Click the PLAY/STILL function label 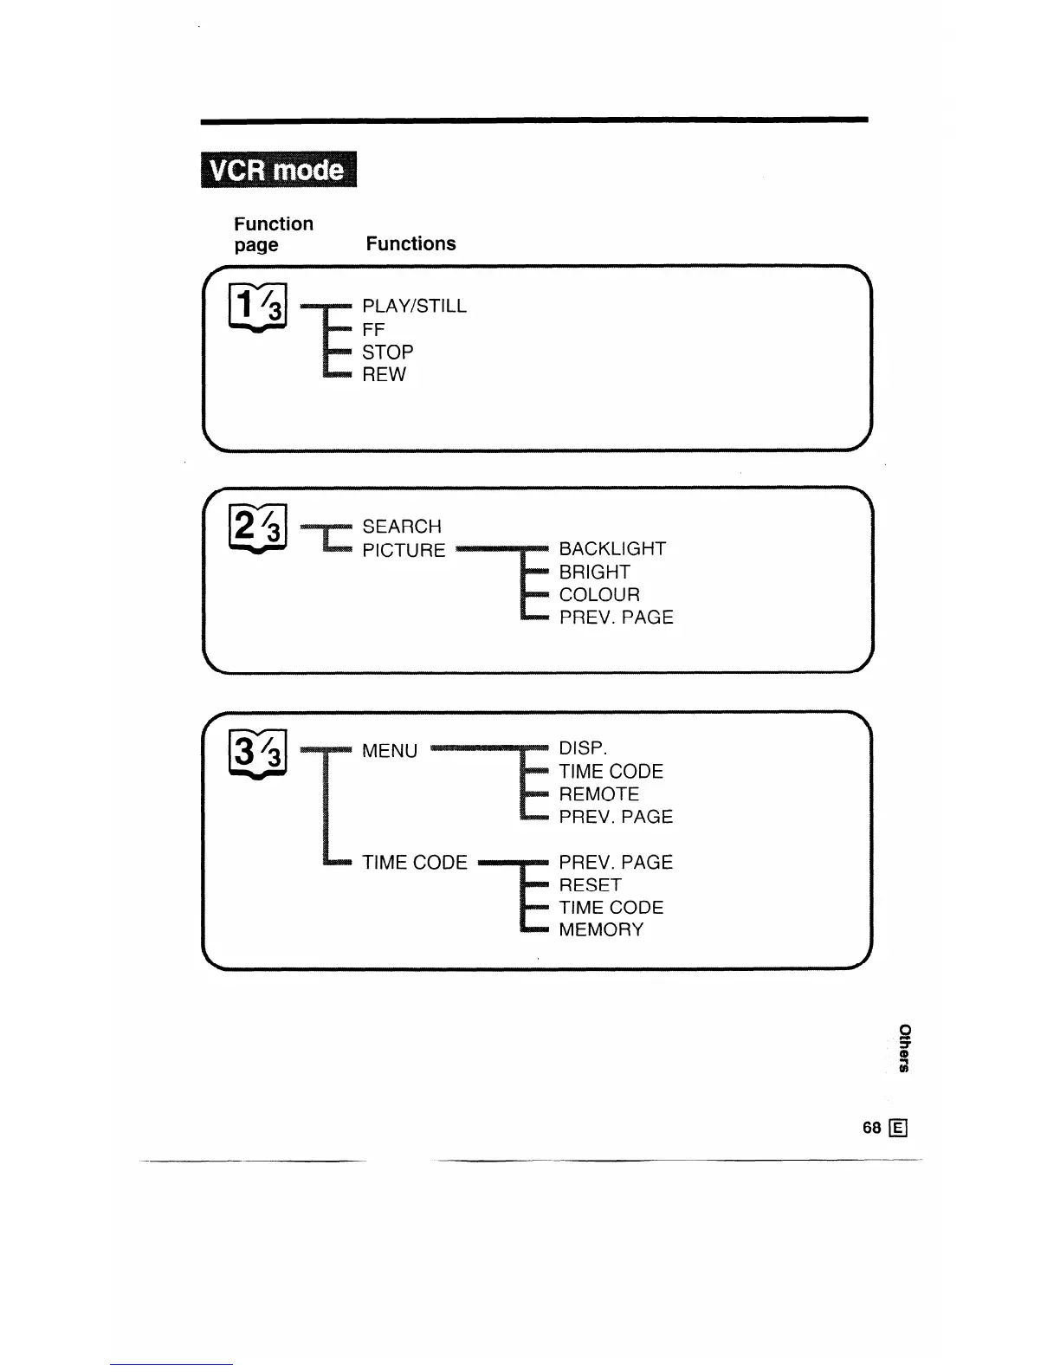[414, 307]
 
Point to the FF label [373, 330]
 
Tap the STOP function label [388, 353]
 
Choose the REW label [384, 375]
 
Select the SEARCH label [402, 527]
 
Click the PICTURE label [404, 551]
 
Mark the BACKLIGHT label [612, 549]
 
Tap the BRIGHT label [594, 573]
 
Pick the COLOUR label [599, 595]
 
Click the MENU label [390, 751]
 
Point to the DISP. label [583, 748]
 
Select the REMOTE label [598, 794]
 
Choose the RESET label [590, 885]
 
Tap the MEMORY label [601, 930]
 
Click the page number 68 [871, 1128]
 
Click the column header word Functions [410, 244]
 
